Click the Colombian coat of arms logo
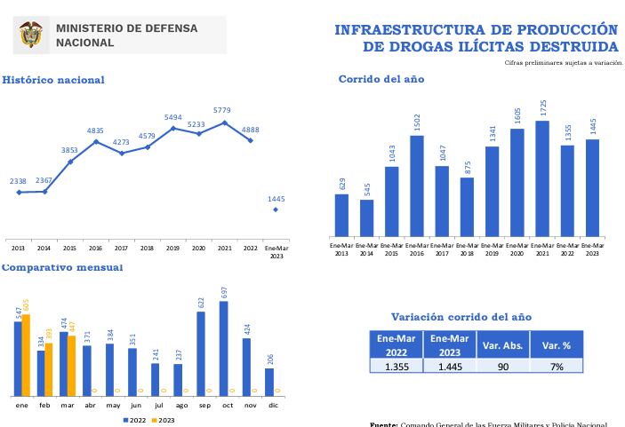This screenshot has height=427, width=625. [x=30, y=35]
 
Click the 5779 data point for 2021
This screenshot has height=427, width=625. [x=224, y=123]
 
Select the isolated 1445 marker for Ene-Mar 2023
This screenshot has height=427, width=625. [x=276, y=210]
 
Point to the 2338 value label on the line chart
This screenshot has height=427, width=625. [x=19, y=181]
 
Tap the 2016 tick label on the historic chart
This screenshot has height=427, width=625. [x=95, y=248]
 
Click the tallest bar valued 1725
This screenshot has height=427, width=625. [x=542, y=178]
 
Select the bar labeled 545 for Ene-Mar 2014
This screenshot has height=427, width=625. [x=366, y=217]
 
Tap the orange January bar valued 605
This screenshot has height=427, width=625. [x=26, y=354]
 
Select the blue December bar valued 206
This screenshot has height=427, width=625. [x=269, y=382]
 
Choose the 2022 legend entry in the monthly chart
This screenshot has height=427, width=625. [x=135, y=420]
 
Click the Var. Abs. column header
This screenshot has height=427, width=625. [x=502, y=344]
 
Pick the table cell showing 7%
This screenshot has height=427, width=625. [x=556, y=366]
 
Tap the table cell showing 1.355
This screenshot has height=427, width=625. [x=397, y=366]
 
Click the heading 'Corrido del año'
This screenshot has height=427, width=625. [x=381, y=79]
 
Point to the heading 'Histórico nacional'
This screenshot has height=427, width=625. [x=52, y=80]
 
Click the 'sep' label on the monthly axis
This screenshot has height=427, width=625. [x=201, y=405]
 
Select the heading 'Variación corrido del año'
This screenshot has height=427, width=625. [x=461, y=317]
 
